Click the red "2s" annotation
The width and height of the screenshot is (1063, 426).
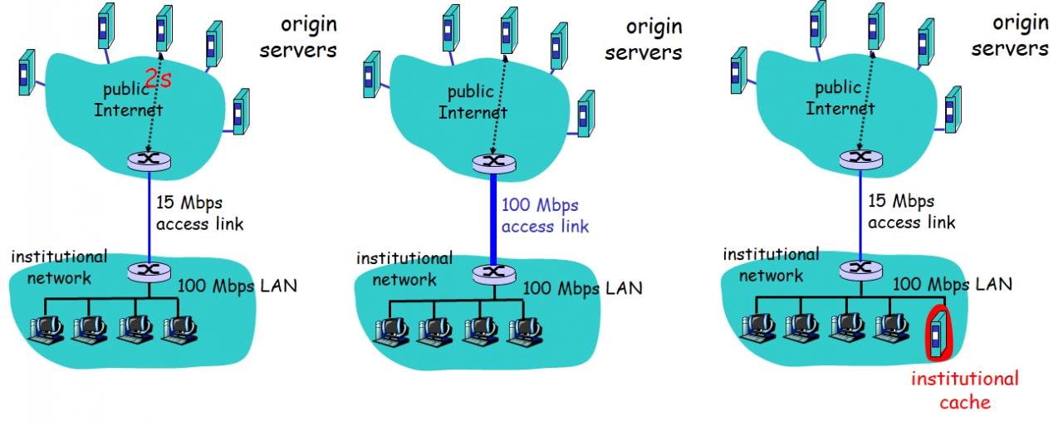(x=159, y=79)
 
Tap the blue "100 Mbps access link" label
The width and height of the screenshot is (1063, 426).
(x=545, y=215)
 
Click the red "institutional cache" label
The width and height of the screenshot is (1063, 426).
(x=964, y=390)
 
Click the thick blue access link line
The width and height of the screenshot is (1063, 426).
(x=494, y=218)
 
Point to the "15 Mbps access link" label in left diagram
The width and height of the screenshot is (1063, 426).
(x=199, y=213)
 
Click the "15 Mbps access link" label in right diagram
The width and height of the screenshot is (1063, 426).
(x=911, y=212)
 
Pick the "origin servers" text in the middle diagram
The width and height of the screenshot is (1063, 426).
(x=644, y=39)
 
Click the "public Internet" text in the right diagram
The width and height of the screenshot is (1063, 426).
(x=840, y=98)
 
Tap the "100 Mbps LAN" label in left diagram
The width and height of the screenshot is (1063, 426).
(x=237, y=286)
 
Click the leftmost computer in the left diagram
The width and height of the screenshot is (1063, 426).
(x=46, y=328)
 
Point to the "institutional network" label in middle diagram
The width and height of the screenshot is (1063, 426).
(x=404, y=268)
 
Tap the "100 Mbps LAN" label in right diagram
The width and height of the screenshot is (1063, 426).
(x=953, y=284)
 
